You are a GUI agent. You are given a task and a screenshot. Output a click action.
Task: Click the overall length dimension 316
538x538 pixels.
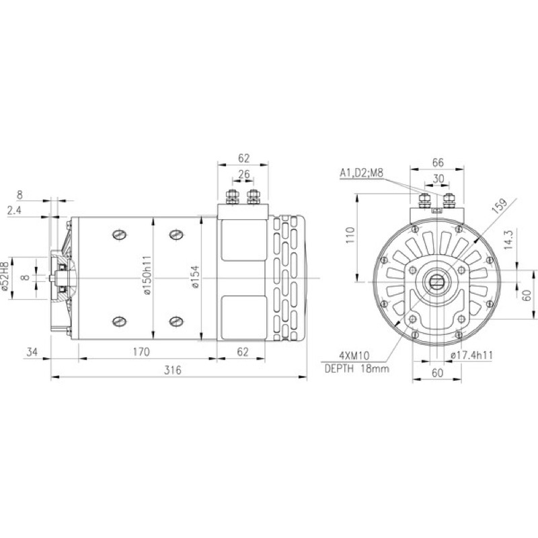pyautogui.click(x=172, y=371)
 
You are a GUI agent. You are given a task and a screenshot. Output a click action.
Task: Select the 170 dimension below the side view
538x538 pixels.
pyautogui.click(x=141, y=352)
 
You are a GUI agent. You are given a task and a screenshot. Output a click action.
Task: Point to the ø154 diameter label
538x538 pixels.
pyautogui.click(x=195, y=276)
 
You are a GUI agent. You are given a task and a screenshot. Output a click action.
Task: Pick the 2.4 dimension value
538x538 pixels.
pyautogui.click(x=14, y=210)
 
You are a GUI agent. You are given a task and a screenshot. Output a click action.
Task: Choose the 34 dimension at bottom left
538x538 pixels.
pyautogui.click(x=32, y=352)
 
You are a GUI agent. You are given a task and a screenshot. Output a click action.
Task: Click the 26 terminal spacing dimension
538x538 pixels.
pyautogui.click(x=244, y=174)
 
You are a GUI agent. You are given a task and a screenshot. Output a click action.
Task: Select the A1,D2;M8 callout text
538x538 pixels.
pyautogui.click(x=361, y=173)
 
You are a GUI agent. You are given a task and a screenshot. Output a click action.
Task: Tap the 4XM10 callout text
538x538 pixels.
pyautogui.click(x=354, y=355)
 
